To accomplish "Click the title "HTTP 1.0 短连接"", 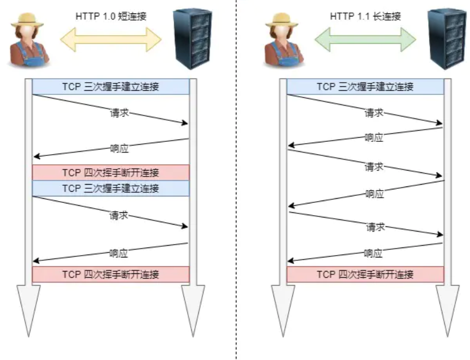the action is coord(111,16).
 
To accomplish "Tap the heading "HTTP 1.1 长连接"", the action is coord(366,16).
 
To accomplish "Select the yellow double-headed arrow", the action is coord(111,39).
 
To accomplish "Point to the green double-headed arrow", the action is coord(366,39).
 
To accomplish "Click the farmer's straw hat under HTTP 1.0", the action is coord(27,21).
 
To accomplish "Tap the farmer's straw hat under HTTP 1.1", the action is coord(282,21).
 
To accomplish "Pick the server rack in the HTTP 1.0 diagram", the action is coord(192,39).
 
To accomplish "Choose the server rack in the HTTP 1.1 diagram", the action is coord(447,39).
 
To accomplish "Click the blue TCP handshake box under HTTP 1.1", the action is coord(366,87).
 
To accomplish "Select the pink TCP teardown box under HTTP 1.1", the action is coord(366,274).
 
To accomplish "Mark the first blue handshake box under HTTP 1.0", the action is coord(111,87).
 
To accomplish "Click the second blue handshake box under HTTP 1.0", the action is coord(111,188).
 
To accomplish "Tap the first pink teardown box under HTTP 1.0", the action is coord(111,172).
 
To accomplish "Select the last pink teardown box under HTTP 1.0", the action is coord(111,274).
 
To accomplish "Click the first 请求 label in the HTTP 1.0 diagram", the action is coord(119,113).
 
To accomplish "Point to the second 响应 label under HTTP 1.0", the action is coord(119,253).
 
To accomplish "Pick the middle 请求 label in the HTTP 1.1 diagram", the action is coord(374,167).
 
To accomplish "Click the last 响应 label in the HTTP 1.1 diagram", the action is coord(373,253).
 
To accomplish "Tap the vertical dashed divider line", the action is coord(236,179).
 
